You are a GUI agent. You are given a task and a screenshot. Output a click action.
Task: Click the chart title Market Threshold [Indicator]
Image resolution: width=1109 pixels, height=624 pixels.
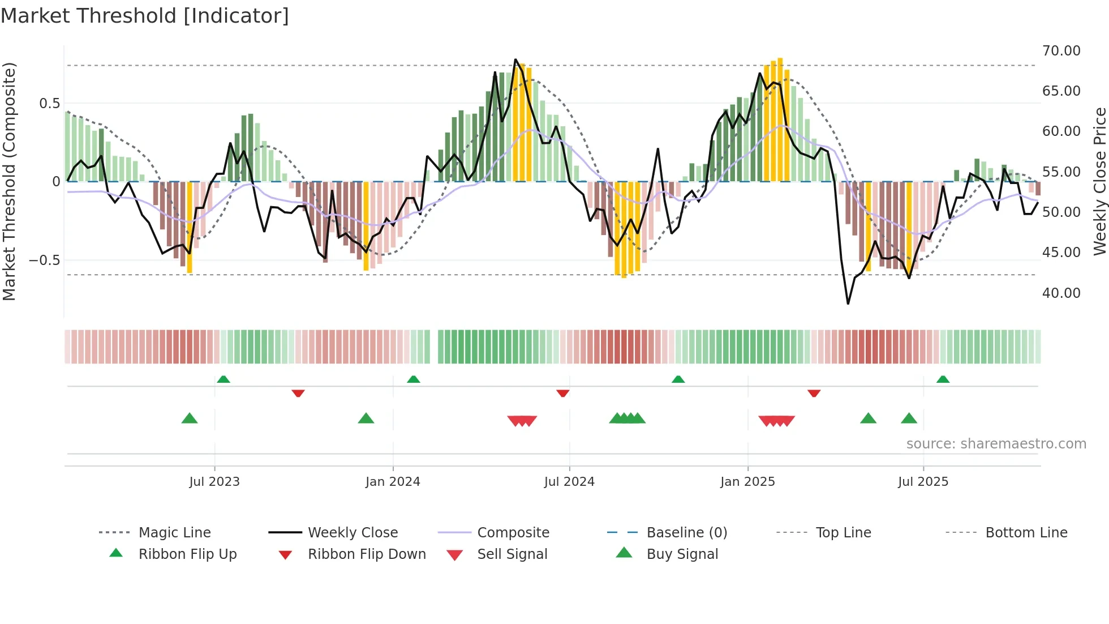pos(145,16)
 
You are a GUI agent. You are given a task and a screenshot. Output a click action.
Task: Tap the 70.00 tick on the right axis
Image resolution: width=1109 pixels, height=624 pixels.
pos(1061,51)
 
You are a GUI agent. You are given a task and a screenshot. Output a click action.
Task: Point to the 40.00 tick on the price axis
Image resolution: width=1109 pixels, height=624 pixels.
pos(1061,293)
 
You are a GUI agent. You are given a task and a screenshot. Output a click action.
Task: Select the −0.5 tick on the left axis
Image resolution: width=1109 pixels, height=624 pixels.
pos(44,260)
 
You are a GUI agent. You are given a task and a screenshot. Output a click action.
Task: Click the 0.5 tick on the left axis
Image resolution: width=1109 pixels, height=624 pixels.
pos(49,104)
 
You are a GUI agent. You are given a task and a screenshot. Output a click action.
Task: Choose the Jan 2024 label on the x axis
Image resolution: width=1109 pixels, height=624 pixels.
pos(393,482)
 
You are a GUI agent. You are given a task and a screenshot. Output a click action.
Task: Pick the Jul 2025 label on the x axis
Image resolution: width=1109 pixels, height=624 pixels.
pos(923,482)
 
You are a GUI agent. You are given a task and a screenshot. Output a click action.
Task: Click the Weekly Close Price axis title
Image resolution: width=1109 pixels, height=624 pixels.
pos(1099,181)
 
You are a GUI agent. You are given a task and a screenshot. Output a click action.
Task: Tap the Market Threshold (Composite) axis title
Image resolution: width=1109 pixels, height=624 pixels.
pos(9,181)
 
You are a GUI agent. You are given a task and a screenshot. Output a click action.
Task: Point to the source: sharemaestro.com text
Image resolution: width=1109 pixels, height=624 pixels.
pos(996,444)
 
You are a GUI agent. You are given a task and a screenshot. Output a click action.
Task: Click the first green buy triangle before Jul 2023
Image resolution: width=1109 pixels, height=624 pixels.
pos(190,418)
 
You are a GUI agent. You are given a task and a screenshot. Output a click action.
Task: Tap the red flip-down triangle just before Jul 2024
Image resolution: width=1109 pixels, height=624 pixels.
pos(562,393)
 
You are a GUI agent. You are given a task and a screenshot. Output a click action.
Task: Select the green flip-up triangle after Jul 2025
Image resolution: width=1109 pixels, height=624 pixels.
pos(943,379)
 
